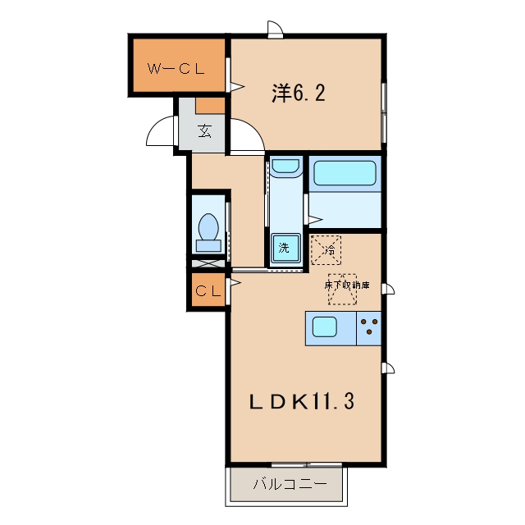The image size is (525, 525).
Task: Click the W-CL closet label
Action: point(176,69)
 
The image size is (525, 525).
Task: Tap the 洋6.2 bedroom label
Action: point(299,93)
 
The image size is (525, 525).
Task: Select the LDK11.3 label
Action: point(302,401)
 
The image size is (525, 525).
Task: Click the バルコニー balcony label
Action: point(290,484)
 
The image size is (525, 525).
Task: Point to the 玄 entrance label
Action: point(204,130)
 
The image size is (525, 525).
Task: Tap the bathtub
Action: point(345,173)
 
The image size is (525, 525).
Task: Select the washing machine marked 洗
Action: point(285,248)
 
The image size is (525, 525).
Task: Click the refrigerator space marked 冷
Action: point(326,250)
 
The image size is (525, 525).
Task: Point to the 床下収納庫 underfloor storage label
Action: point(347,285)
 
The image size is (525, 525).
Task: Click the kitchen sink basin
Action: point(325,326)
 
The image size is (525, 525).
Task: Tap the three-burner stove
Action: point(368,328)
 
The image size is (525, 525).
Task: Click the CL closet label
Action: point(208,291)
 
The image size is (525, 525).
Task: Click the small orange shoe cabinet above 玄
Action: point(210,106)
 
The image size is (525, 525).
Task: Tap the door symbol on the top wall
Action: point(276,28)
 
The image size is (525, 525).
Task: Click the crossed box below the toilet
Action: point(208,263)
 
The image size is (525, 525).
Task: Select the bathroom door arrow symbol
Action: point(315,220)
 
